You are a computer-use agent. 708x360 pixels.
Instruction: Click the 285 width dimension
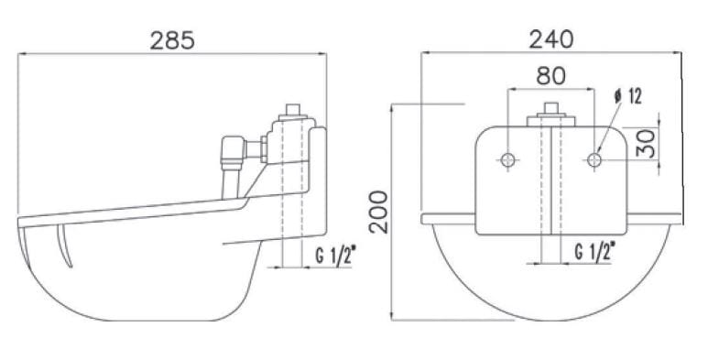pos(172,40)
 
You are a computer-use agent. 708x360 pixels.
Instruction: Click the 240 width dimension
pos(551,39)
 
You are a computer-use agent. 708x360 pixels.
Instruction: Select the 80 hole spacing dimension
pos(550,76)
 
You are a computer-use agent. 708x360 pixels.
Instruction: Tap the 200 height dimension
pos(378,212)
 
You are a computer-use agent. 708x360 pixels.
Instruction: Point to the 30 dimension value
pos(646,144)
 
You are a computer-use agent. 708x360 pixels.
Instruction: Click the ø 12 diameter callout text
pos(627,96)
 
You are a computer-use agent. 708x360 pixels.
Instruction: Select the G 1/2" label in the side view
pos(335,256)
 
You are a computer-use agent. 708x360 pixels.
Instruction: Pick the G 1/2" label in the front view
pos(594,251)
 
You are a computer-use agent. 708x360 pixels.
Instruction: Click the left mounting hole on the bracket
pos(508,159)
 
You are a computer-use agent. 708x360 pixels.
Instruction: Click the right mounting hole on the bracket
pos(594,159)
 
